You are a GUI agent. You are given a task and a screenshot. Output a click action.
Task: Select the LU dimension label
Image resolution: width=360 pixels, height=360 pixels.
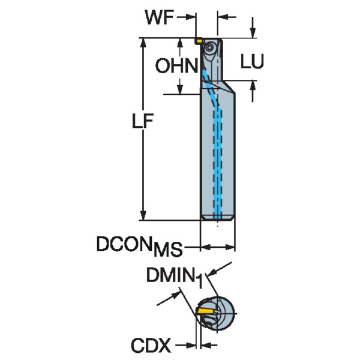252,62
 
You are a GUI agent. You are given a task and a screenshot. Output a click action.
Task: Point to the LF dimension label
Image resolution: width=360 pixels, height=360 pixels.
143,122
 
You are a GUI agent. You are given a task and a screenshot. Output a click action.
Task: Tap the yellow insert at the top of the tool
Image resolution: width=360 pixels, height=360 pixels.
198,41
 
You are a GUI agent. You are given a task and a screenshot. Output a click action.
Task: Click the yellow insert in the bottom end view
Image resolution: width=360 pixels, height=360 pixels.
206,312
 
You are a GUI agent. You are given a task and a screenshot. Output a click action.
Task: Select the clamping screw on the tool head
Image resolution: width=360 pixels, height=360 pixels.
210,47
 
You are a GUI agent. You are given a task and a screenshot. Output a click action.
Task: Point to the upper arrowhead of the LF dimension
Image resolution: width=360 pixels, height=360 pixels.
142,44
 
